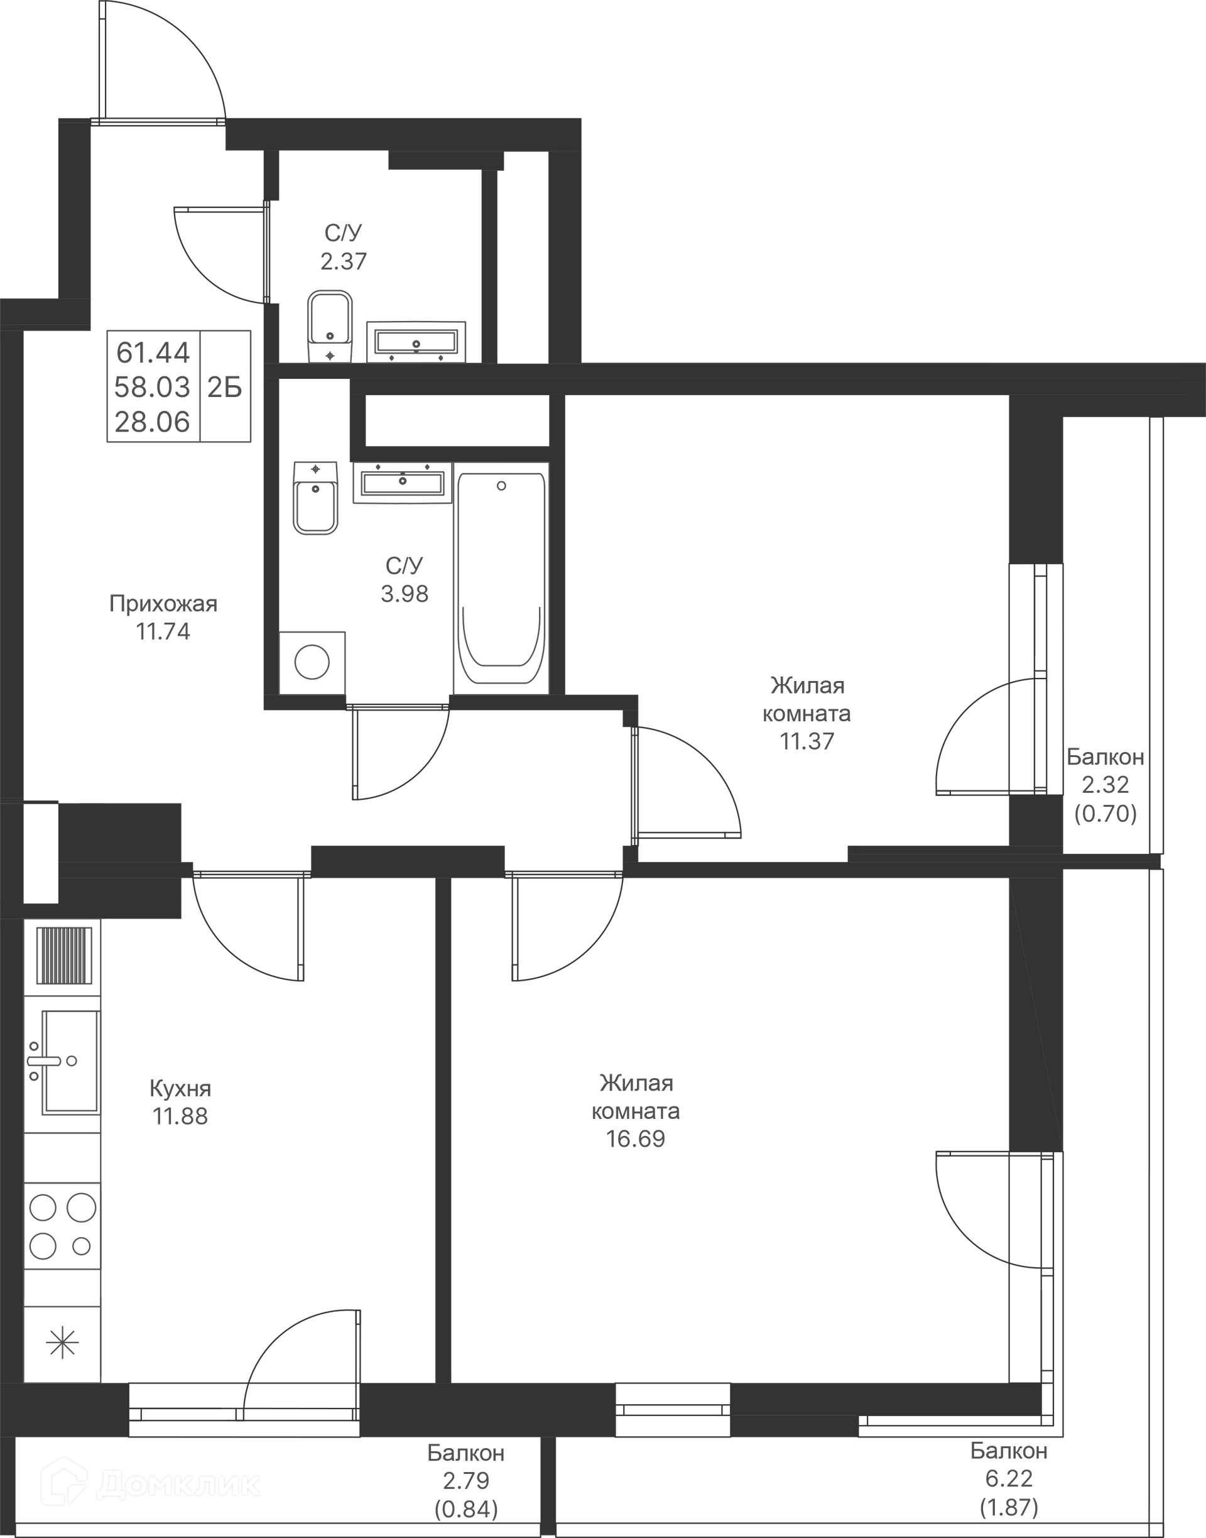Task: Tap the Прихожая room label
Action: [163, 604]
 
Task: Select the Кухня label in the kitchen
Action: [180, 1088]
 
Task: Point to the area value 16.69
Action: [636, 1138]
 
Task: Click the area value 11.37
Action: [807, 741]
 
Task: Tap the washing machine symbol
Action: [312, 662]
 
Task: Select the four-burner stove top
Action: [62, 1226]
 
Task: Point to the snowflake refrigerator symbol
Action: [62, 1343]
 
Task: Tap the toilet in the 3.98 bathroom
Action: [315, 498]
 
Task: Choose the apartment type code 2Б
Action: [224, 387]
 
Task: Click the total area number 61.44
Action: [153, 352]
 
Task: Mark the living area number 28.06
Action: [153, 422]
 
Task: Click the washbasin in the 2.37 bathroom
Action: [416, 342]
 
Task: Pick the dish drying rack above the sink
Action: [63, 956]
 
